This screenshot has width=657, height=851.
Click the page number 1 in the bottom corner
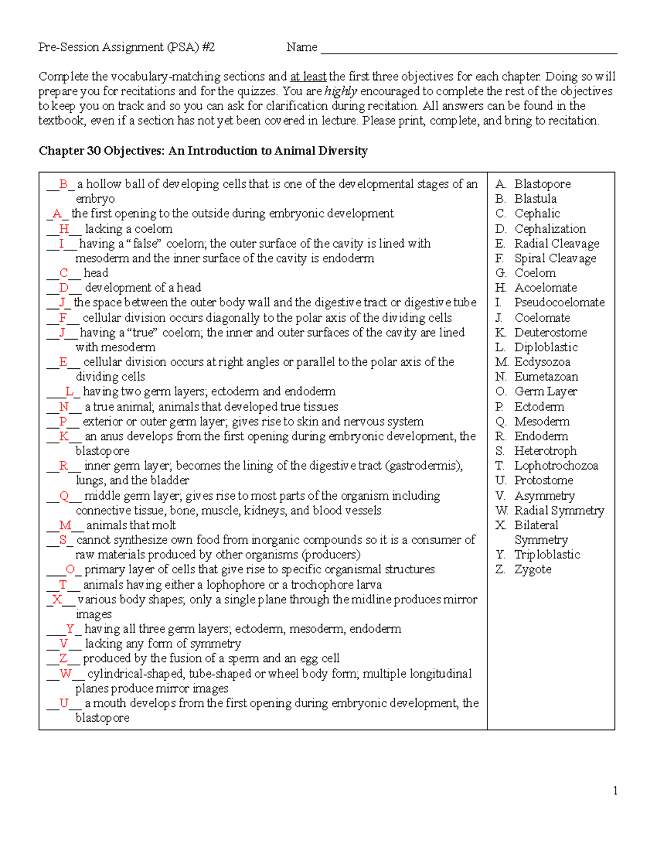coord(615,790)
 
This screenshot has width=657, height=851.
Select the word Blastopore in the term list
coord(542,184)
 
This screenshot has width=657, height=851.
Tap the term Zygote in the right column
coord(533,569)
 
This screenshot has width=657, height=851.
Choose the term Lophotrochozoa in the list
coord(556,466)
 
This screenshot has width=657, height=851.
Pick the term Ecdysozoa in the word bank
coord(542,362)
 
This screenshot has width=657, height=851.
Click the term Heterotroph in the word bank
coord(545,451)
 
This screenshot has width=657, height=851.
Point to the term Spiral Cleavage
coord(555,258)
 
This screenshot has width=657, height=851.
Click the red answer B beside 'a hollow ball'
coord(64,184)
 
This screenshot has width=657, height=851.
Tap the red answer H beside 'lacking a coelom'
coord(64,229)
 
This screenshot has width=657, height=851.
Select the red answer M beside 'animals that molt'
coord(65,526)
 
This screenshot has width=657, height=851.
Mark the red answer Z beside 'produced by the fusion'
coord(64,659)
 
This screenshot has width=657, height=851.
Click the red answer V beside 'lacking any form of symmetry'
coord(64,644)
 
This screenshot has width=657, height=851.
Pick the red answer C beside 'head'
coord(64,273)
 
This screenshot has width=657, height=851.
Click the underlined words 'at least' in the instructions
coord(308,77)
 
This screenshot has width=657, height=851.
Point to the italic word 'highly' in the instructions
coord(341,92)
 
